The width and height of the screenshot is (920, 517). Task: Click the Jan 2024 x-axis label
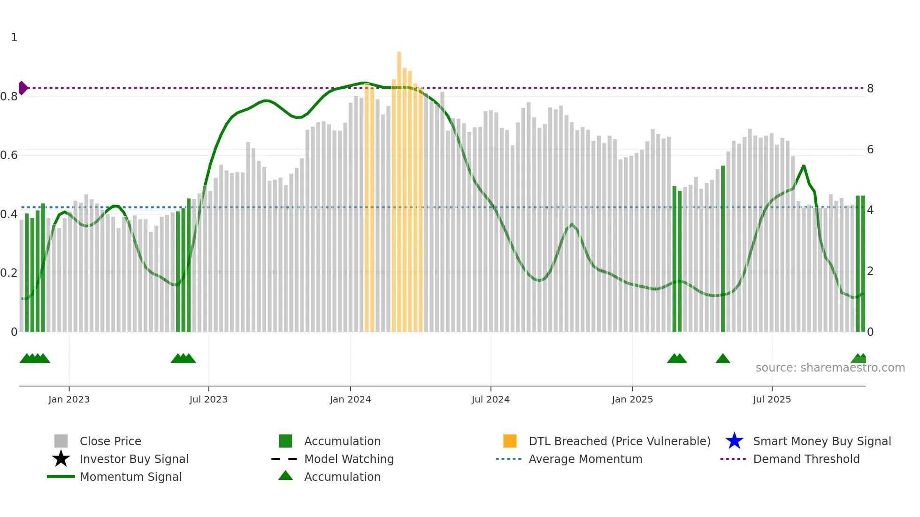(350, 399)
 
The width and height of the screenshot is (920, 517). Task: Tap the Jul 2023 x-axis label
(208, 399)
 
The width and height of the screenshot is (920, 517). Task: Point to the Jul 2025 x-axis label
(772, 399)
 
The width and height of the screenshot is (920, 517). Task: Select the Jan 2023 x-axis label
(69, 399)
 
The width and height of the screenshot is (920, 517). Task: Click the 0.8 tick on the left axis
(9, 97)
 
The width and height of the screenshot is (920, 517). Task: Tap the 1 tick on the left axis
(14, 38)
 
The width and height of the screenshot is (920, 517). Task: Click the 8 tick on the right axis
(870, 89)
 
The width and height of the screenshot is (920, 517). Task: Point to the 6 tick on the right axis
(870, 150)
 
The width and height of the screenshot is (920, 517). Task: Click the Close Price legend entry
(110, 441)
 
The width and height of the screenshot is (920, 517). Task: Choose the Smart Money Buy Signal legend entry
(821, 441)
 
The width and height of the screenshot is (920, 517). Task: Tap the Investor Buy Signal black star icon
(61, 459)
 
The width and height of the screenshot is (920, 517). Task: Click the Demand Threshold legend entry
(806, 459)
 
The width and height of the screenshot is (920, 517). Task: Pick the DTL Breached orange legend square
(510, 441)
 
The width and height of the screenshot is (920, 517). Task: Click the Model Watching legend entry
(348, 459)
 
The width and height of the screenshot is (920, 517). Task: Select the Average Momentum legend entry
(585, 459)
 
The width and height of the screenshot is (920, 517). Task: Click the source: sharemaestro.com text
(830, 368)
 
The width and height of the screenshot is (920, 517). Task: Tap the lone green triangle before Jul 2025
(723, 359)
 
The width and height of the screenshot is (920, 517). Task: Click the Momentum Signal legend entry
(130, 477)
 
